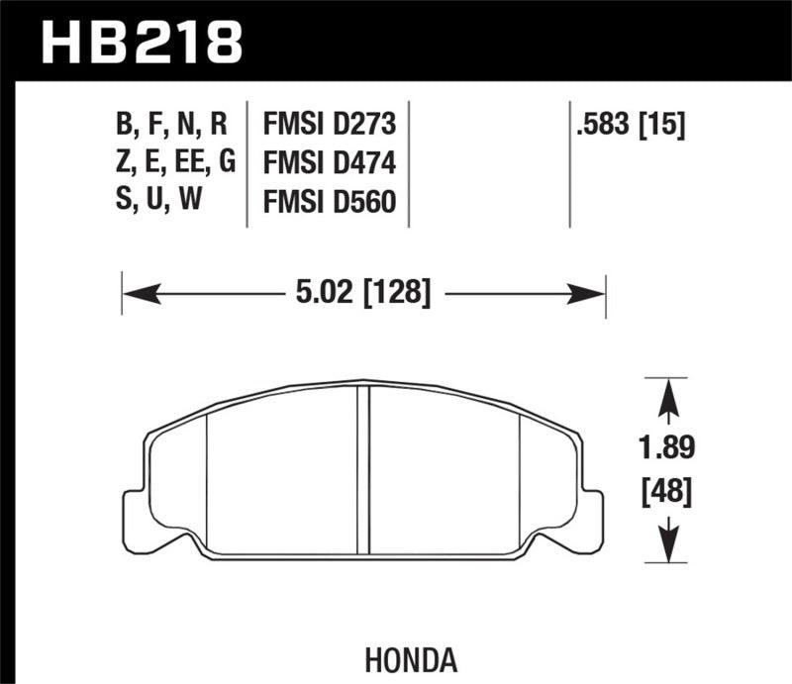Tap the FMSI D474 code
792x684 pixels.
(x=329, y=163)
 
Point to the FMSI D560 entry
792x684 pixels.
(x=329, y=202)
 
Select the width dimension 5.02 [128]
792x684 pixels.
(x=363, y=293)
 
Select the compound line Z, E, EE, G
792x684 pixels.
(x=174, y=163)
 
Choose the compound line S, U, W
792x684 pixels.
(x=158, y=202)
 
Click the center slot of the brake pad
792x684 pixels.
(x=362, y=465)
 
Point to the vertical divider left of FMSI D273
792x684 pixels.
(x=247, y=163)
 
